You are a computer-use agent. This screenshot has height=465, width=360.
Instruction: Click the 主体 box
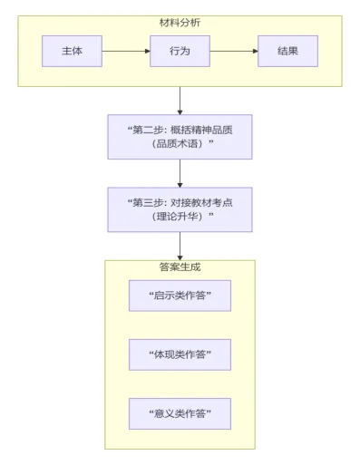[x=72, y=51]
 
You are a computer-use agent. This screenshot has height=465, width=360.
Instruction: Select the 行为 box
[x=180, y=51]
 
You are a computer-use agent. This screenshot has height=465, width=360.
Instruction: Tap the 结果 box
[x=287, y=51]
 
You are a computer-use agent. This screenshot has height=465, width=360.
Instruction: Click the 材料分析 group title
[x=180, y=22]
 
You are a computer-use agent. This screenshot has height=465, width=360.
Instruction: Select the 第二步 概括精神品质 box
[x=180, y=137]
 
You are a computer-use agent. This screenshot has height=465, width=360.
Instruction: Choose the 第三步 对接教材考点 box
[x=180, y=209]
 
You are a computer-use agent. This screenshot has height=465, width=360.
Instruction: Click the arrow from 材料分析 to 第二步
[x=180, y=100]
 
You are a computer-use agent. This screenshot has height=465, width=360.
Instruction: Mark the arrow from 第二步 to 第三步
[x=180, y=173]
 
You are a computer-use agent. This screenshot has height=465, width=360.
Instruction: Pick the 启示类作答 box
[x=180, y=295]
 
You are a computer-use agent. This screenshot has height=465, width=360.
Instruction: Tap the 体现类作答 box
[x=180, y=354]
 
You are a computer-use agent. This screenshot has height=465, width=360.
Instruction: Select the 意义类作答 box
[x=180, y=413]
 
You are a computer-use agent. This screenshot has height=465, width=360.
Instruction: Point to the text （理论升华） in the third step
[x=180, y=218]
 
